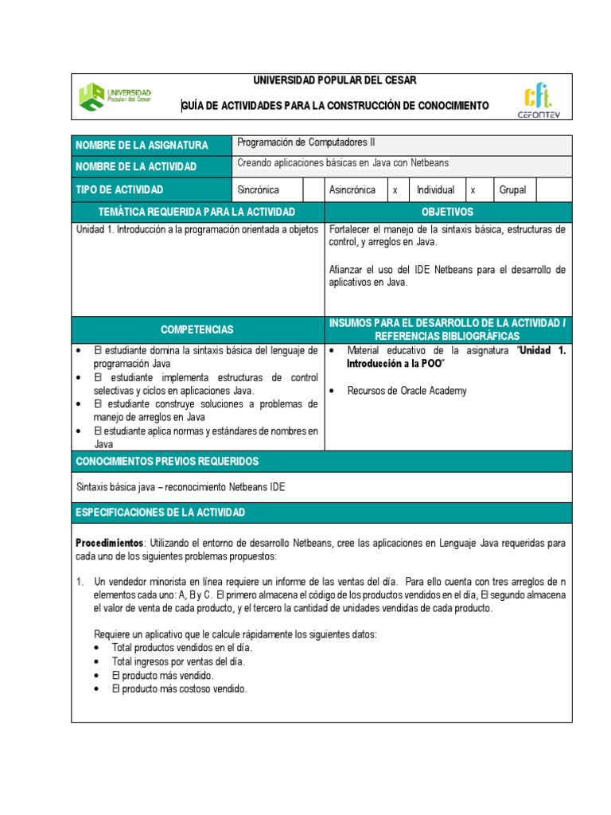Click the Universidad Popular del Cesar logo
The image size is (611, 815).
[x=116, y=97]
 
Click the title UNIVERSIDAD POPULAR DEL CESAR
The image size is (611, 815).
[x=334, y=81]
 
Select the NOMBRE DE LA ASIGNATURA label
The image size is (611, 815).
[x=142, y=145]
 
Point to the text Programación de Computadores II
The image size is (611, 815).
[x=306, y=143]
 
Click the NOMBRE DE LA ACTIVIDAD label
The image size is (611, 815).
[x=136, y=167]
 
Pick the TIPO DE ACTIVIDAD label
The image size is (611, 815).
[x=119, y=189]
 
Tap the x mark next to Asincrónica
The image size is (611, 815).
[x=395, y=190]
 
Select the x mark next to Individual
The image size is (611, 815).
[x=473, y=190]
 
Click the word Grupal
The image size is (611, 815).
[x=512, y=189]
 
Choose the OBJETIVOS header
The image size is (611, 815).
[x=447, y=212]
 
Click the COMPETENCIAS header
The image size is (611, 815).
[x=197, y=329]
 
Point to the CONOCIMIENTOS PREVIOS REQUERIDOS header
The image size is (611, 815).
[x=167, y=462]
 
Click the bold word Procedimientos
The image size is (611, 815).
[x=110, y=543]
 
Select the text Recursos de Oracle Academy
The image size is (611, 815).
[x=407, y=391]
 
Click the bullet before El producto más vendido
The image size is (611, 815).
[x=97, y=676]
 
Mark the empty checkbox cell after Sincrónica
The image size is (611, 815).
[x=313, y=189]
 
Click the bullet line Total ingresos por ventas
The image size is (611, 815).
[x=178, y=661]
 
